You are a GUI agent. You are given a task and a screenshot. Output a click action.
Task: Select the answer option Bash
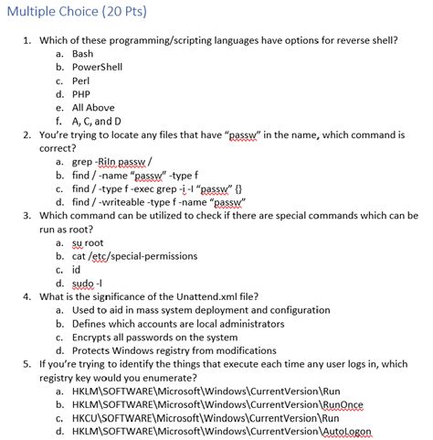click(83, 54)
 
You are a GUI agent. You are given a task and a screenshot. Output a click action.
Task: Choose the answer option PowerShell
click(96, 67)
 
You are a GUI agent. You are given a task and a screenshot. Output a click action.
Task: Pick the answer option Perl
click(81, 80)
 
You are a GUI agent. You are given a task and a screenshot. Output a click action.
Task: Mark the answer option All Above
click(92, 107)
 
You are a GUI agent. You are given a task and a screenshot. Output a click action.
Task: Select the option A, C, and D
click(95, 121)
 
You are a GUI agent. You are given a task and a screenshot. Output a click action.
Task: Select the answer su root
click(88, 242)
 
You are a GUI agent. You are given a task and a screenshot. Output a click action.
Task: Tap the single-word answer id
click(76, 270)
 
